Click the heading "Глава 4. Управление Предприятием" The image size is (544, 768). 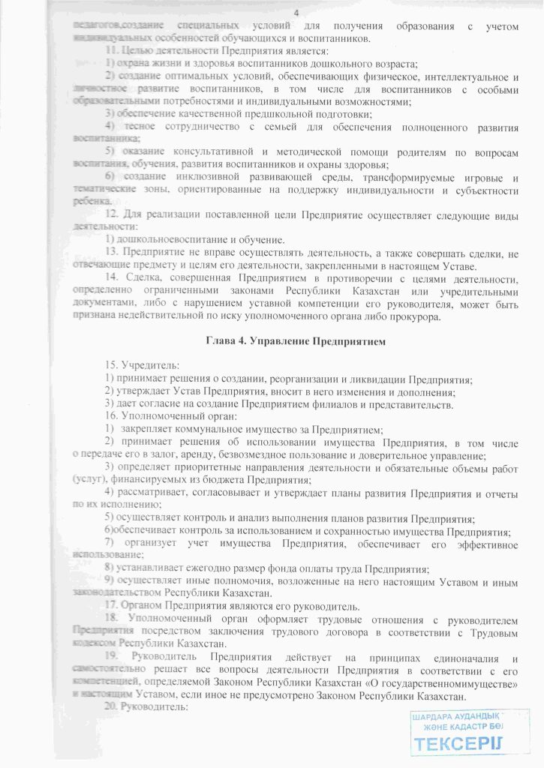click(296, 342)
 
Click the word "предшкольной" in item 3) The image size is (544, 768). click(246, 113)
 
